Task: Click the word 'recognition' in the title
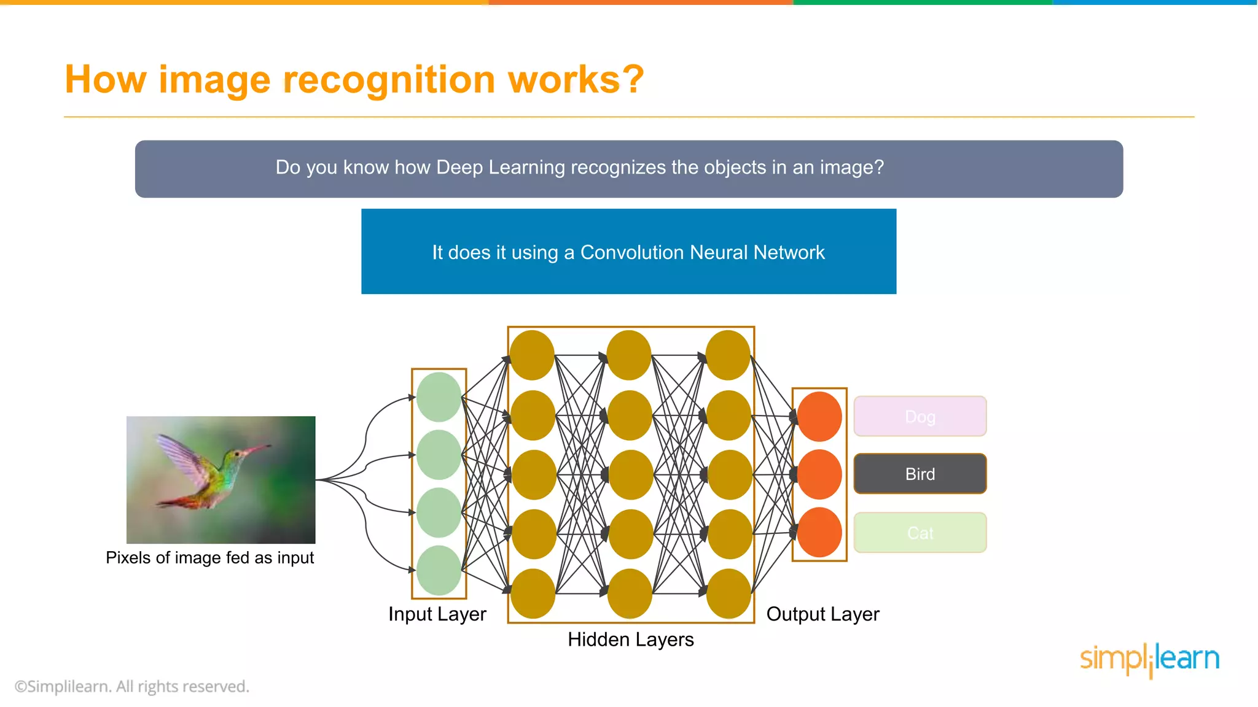389,80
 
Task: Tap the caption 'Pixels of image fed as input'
209,557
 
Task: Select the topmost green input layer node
439,397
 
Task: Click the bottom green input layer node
439,570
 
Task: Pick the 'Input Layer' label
437,614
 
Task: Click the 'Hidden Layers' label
630,639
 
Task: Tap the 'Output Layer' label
822,614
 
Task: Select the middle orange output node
819,474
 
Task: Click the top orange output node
819,417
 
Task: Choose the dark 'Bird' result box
920,474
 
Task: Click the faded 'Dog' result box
920,417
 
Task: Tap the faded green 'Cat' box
920,533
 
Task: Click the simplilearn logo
1149,659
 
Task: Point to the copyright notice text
132,686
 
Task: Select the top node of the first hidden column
532,355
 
